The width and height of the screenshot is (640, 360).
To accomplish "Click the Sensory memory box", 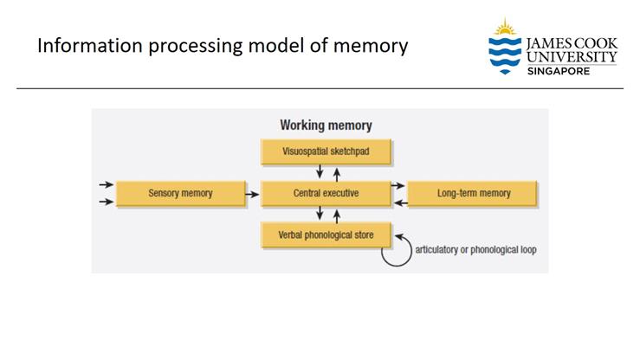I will coord(180,193).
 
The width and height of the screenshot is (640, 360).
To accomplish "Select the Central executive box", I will coord(326,193).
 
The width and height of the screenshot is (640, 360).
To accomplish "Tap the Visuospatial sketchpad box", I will coord(326,151).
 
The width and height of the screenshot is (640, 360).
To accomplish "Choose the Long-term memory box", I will coord(472,193).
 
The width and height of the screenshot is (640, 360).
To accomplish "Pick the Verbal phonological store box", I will coord(326,235).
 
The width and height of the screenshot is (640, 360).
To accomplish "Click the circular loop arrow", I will coord(397,252).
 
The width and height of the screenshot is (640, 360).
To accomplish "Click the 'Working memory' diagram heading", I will coord(326,125).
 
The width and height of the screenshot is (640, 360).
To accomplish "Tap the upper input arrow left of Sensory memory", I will coord(105,185).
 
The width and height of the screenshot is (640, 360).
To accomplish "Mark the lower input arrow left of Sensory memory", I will coord(105,202).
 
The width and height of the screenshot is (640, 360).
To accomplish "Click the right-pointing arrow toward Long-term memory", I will coord(398,185).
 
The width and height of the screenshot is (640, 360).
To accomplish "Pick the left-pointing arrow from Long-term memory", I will coord(398,202).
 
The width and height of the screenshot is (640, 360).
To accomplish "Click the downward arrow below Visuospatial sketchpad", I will coord(320,172).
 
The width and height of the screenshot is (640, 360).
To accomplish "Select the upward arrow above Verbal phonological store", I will coord(336,214).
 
